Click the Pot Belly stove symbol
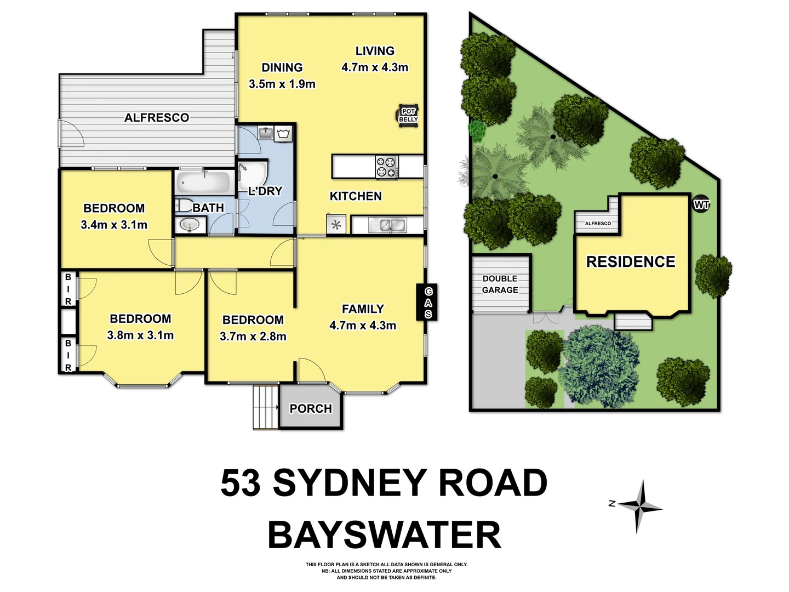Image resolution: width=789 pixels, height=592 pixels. tap(408, 116)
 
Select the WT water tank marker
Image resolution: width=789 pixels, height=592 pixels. tap(701, 205)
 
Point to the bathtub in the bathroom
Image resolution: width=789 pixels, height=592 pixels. tap(203, 183)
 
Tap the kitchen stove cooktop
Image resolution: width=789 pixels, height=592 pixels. tap(386, 167)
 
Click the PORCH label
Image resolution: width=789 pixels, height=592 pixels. tap(311, 409)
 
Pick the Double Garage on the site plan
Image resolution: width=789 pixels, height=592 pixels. tap(500, 284)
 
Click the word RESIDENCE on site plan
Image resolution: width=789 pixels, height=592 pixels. tap(631, 262)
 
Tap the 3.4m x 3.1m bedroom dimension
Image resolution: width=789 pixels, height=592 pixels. tap(114, 225)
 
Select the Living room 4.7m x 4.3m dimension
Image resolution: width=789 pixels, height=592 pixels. tap(375, 67)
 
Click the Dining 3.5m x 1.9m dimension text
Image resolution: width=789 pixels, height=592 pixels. tap(282, 84)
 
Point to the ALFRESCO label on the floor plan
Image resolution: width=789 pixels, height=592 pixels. tap(157, 118)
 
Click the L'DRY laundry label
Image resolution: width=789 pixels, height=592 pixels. tap(265, 191)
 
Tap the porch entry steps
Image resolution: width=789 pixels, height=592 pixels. tap(266, 407)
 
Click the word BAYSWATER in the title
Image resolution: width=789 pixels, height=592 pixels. tap(384, 535)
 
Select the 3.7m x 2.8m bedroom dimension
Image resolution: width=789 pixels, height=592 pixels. tap(253, 337)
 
